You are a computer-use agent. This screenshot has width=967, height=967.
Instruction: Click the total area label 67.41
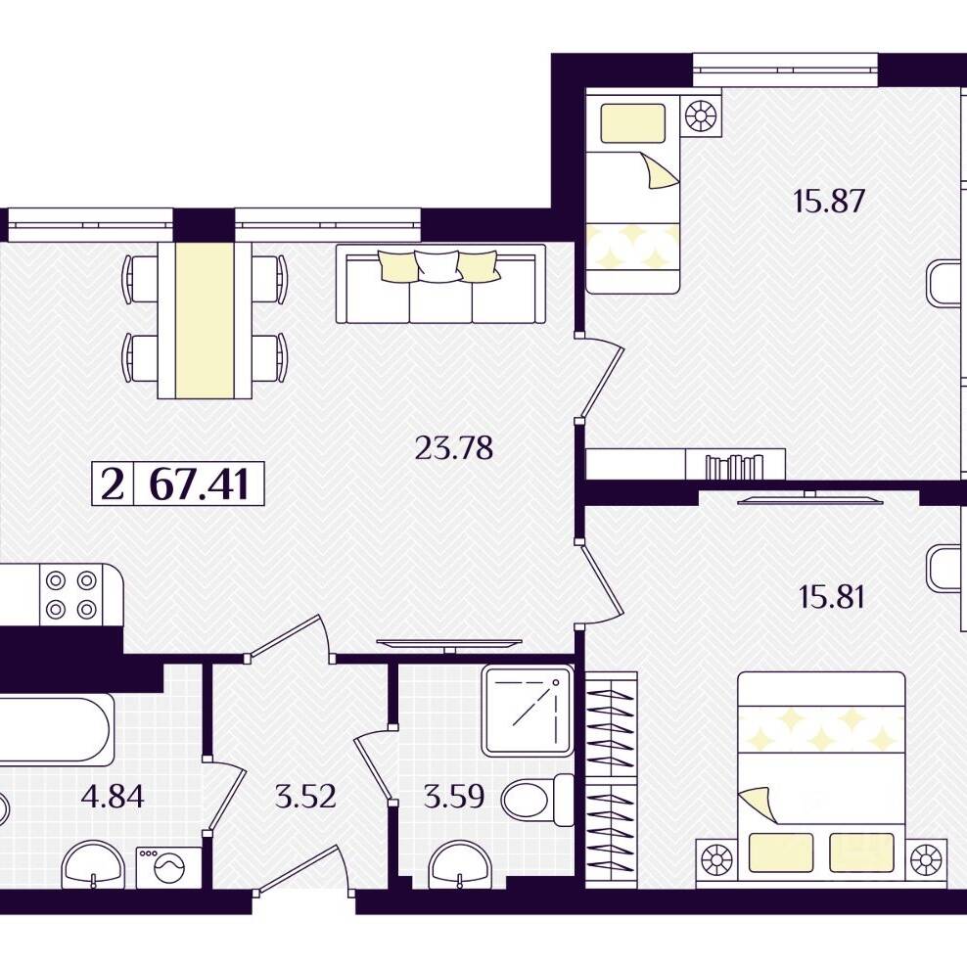click(200, 484)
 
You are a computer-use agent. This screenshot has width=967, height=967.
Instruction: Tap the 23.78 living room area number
click(454, 448)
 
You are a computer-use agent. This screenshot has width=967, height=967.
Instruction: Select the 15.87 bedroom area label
click(828, 201)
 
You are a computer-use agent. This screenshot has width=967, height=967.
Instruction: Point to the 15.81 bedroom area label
click(831, 597)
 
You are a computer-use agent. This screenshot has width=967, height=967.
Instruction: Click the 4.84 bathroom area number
click(113, 796)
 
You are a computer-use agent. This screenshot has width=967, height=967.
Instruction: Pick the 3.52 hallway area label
click(305, 796)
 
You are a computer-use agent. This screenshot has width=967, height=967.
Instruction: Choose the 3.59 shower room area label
click(454, 796)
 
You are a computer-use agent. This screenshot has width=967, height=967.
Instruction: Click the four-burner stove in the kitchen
click(70, 595)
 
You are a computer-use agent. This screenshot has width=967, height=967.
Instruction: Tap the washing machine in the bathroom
click(168, 868)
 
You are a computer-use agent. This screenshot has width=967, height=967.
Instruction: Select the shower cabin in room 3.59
click(528, 712)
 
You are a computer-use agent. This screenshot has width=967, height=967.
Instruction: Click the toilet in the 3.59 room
click(537, 800)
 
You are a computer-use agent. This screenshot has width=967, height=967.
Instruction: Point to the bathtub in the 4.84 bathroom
click(57, 729)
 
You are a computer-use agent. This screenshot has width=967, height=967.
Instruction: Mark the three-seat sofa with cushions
click(441, 284)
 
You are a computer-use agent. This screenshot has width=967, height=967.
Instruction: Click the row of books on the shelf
click(734, 466)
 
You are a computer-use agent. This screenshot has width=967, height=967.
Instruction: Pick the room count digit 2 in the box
click(113, 484)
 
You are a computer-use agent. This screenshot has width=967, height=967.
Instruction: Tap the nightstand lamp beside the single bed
click(701, 115)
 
